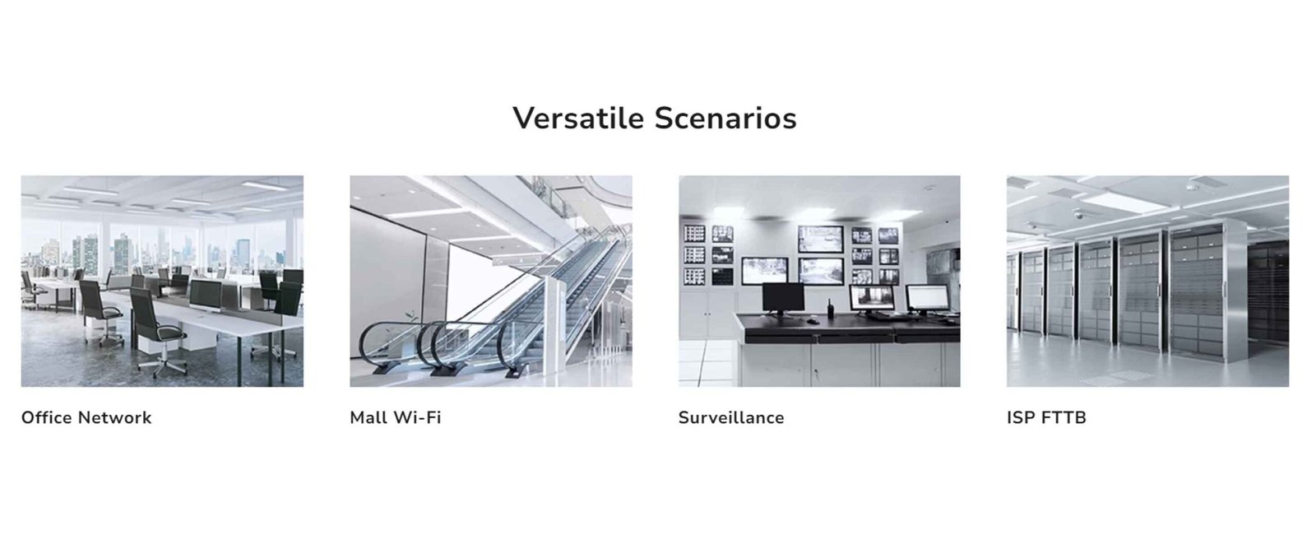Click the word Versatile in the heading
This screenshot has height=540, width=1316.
[579, 118]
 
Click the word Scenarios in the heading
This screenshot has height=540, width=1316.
[725, 118]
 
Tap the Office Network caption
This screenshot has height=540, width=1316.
[86, 417]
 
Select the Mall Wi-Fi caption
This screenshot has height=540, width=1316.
[396, 417]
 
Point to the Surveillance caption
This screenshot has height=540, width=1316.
[731, 417]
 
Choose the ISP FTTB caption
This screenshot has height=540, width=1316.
[1046, 417]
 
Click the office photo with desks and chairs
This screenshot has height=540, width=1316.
[162, 282]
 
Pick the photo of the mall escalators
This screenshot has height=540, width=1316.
[491, 282]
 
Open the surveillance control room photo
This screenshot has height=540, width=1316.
[819, 282]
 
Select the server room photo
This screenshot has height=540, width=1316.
[1148, 282]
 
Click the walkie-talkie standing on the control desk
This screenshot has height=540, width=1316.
[831, 308]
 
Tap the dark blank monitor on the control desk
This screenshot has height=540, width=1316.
[783, 299]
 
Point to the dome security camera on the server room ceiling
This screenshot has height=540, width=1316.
[1078, 215]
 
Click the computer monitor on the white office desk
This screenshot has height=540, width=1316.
[205, 296]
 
